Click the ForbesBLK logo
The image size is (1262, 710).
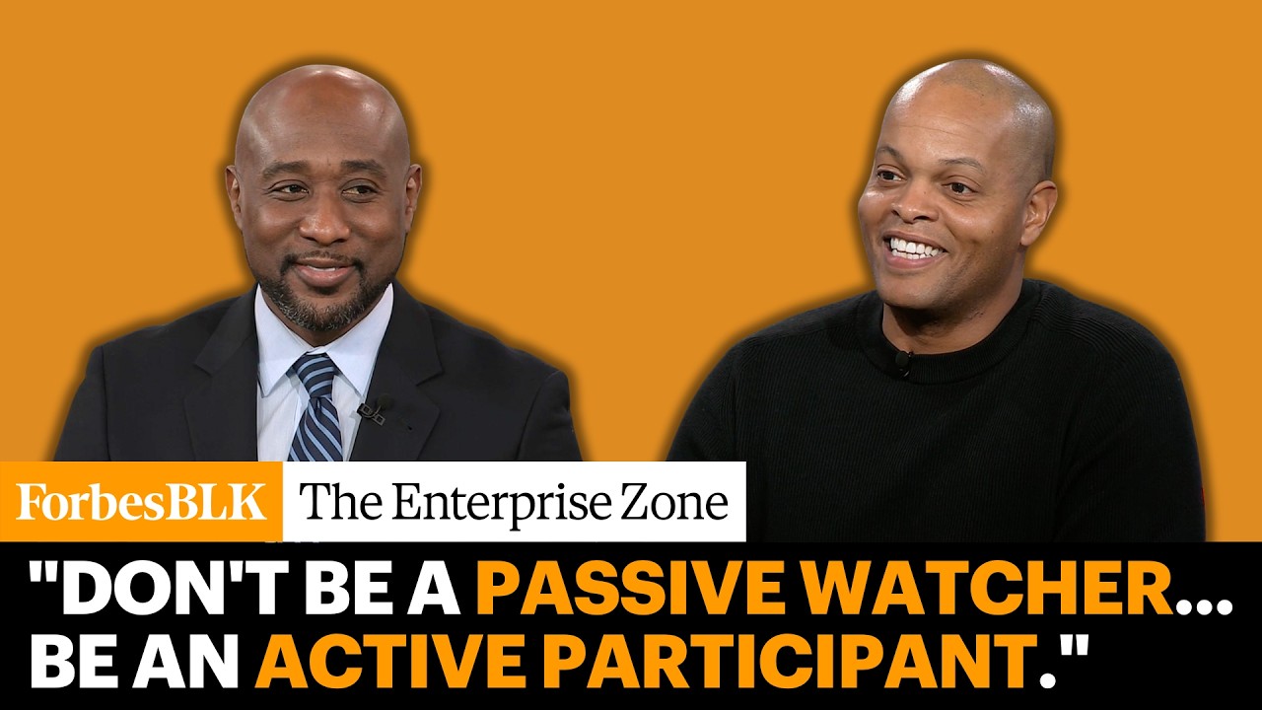pos(141,501)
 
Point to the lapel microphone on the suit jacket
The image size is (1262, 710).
pos(376,408)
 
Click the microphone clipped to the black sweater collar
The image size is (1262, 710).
pos(903,362)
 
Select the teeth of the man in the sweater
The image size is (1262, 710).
pos(916,247)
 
